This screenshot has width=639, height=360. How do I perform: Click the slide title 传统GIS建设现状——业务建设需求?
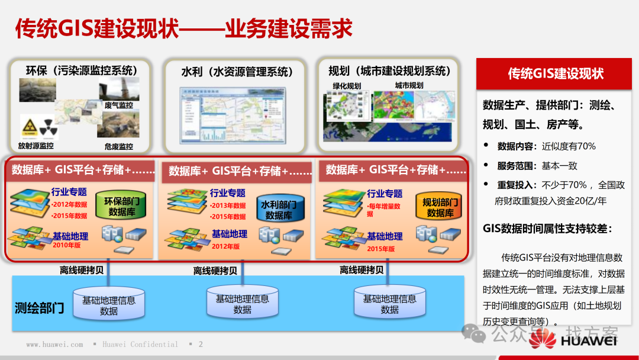183,28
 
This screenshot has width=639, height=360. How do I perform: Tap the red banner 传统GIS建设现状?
556,73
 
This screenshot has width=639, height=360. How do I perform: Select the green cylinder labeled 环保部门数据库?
122,207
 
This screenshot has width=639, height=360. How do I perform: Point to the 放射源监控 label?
35,146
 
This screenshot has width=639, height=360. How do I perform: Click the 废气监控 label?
118,105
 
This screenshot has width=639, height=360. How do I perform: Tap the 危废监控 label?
118,146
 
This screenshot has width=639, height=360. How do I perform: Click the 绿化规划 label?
347,86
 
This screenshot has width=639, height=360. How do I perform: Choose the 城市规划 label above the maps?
409,85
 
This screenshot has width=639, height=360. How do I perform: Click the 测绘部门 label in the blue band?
40,308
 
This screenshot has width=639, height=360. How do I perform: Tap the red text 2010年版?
66,245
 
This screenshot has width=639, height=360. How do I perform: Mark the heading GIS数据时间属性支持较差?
547,229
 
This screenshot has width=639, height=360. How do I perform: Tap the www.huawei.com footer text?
54,344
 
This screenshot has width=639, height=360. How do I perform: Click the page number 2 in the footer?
201,344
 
